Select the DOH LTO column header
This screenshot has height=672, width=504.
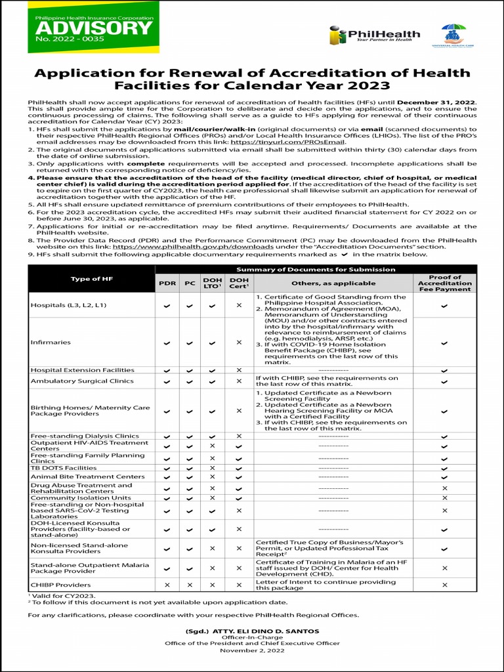(212, 283)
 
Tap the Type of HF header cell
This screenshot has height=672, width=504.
(91, 279)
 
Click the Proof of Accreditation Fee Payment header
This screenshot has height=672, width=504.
(444, 283)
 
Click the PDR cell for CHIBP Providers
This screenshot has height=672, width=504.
(167, 585)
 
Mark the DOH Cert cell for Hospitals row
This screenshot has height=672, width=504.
(238, 306)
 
